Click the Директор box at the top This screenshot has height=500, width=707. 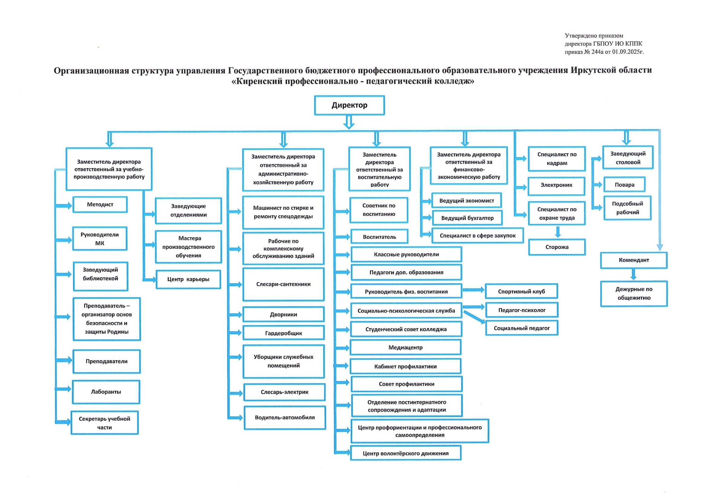point(349,105)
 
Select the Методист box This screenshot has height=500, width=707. point(100,205)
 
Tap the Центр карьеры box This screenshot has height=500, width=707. point(188,280)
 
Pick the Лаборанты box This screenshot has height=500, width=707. point(106,392)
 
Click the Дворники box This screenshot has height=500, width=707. point(284,314)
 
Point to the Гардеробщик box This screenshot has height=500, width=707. point(284,333)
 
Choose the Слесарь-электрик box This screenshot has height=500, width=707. point(284,392)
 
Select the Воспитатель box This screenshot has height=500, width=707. point(379,237)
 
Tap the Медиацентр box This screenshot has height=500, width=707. point(406,347)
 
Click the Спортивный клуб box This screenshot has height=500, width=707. point(521,291)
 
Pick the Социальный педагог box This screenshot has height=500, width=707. point(522,328)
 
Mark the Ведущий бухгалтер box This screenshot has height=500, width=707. point(467,218)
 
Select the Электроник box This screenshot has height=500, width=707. point(556,185)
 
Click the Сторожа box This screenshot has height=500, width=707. point(557,247)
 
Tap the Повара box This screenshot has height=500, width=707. point(624,185)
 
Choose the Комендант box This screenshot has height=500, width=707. point(634,260)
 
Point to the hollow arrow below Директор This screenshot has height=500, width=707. point(349,122)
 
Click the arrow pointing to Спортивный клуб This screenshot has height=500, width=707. point(474,290)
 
